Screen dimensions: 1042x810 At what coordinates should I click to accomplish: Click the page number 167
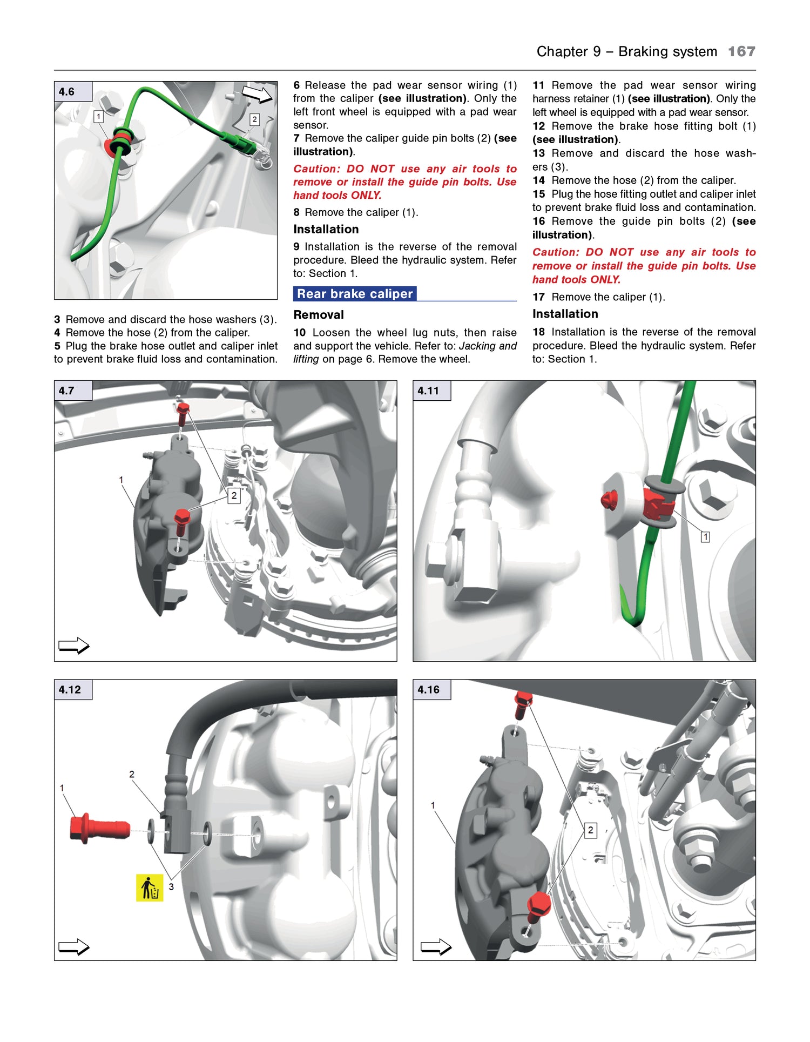tap(741, 52)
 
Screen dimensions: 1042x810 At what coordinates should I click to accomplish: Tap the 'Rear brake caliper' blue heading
tap(354, 294)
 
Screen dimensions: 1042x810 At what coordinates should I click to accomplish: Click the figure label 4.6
tap(67, 92)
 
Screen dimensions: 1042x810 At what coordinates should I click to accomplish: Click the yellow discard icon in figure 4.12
tap(149, 888)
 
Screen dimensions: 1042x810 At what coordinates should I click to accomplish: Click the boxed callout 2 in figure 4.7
tap(234, 495)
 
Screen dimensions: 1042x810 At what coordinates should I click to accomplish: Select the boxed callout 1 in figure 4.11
tap(705, 536)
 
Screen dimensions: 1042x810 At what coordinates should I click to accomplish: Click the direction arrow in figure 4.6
tap(258, 94)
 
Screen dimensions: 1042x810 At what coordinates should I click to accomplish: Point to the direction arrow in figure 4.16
tap(436, 947)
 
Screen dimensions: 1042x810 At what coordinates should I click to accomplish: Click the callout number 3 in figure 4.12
tap(171, 887)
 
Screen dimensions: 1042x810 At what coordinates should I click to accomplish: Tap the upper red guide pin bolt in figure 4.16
tap(522, 704)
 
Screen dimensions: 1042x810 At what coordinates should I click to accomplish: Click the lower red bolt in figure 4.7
tap(182, 522)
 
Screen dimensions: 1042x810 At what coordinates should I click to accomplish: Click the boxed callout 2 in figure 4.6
tap(254, 119)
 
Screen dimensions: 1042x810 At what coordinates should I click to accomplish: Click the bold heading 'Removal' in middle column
tap(319, 315)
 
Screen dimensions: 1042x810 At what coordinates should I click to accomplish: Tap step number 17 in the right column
tap(538, 297)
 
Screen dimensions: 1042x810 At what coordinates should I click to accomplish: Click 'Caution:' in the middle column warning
tap(316, 169)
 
